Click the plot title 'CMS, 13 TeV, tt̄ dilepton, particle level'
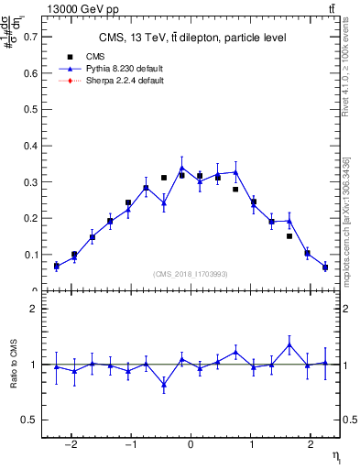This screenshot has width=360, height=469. (x=192, y=38)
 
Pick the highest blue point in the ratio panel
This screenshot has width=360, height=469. (x=289, y=345)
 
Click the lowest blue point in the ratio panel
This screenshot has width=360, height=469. (x=164, y=385)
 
